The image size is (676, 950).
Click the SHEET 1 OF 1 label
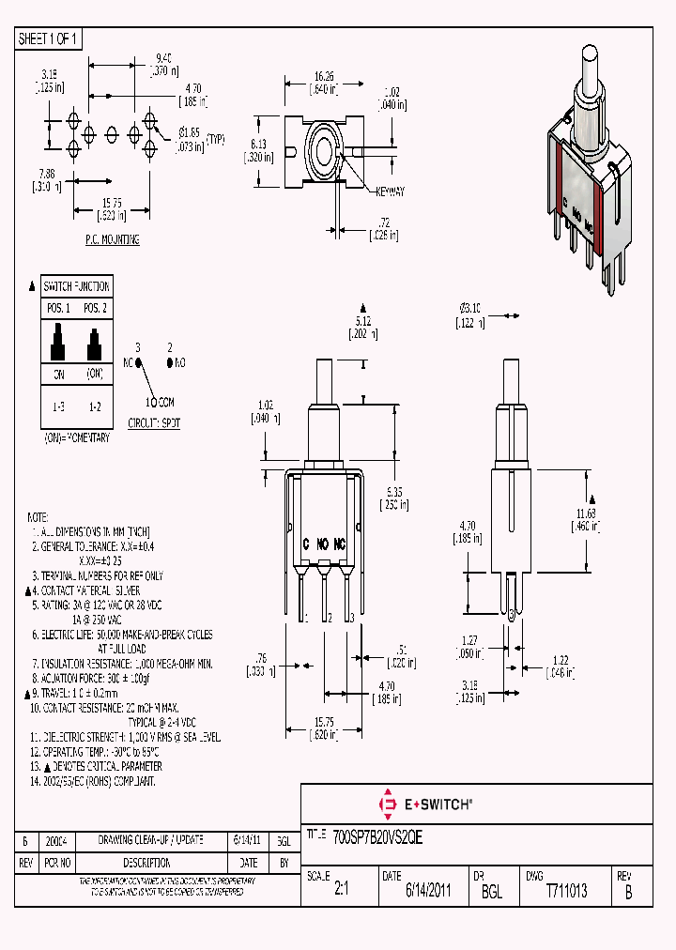(x=49, y=38)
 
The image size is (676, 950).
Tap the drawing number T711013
(x=566, y=891)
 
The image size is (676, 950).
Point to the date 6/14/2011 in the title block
(x=428, y=891)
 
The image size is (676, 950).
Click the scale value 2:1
(x=341, y=891)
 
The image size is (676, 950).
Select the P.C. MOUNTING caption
(x=111, y=240)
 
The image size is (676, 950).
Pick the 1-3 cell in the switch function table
(x=58, y=406)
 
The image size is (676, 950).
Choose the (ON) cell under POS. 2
(x=95, y=374)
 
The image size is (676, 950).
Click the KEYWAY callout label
(x=390, y=192)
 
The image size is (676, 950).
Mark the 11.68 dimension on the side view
(x=586, y=513)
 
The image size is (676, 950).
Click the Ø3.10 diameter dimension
(x=470, y=309)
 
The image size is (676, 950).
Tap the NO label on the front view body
(x=322, y=544)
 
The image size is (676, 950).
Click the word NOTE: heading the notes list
(x=38, y=517)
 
